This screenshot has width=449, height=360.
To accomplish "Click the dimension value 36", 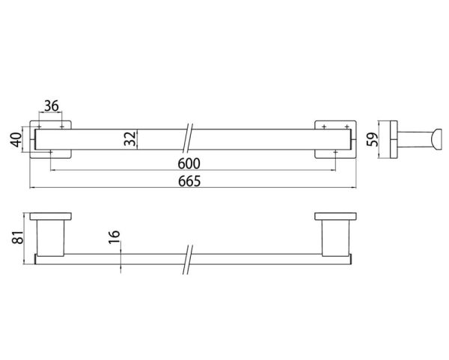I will click(52, 106).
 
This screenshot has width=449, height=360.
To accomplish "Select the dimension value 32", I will click(129, 138).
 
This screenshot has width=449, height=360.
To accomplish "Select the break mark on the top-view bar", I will click(188, 138).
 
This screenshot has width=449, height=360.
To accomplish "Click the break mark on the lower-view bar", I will click(188, 258).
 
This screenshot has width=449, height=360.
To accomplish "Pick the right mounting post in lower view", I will click(332, 237).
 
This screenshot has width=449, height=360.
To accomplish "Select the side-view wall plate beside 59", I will click(390, 138).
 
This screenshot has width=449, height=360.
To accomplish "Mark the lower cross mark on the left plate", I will click(50, 152).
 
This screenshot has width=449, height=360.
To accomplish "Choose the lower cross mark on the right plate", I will click(336, 152).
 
